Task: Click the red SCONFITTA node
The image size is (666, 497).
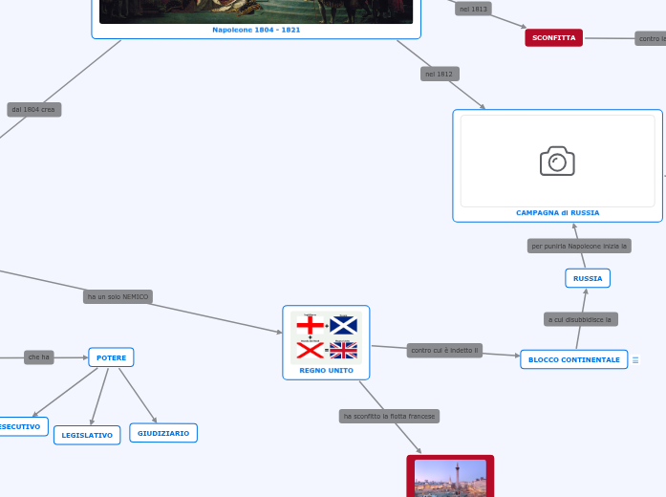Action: pos(553,38)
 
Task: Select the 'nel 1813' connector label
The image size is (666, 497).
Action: pos(473,9)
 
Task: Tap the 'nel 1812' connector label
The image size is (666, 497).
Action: pos(440,74)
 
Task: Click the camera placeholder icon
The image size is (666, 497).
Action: pos(557,162)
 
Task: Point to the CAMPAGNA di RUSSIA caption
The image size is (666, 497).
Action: pos(557,212)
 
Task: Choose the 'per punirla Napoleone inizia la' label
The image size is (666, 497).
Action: pos(579,246)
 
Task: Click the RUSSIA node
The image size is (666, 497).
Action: pos(588,278)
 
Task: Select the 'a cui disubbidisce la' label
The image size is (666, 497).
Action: pos(580,318)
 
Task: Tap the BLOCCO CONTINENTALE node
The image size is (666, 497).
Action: pos(574,359)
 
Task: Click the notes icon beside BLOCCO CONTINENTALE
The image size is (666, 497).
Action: pos(635,360)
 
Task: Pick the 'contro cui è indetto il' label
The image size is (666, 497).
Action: pos(445,351)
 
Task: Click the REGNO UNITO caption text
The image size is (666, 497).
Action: pos(326,370)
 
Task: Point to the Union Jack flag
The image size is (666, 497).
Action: pos(343,350)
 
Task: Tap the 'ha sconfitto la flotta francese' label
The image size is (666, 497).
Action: pos(389,416)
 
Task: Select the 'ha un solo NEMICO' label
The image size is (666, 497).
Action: pos(118,296)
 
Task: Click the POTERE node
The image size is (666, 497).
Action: pos(111,357)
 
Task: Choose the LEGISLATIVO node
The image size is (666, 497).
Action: pos(87,435)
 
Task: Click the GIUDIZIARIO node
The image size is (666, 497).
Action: pos(163,433)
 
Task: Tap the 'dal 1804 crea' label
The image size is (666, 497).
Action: pos(33,110)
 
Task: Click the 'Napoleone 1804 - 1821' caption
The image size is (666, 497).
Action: pos(256,30)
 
